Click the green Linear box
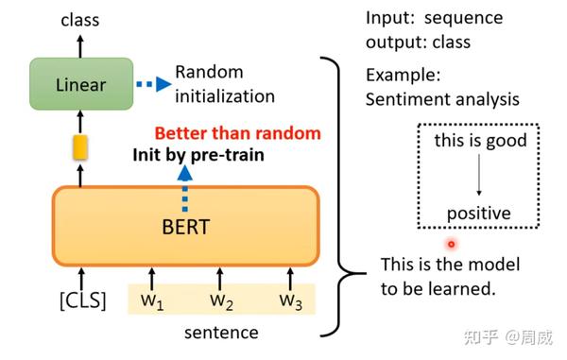(x=80, y=85)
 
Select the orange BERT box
(x=186, y=228)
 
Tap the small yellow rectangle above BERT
(x=80, y=146)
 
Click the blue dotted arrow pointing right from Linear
(x=151, y=85)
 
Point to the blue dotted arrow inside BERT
(x=186, y=189)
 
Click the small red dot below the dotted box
(x=452, y=244)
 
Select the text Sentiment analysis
(x=442, y=99)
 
